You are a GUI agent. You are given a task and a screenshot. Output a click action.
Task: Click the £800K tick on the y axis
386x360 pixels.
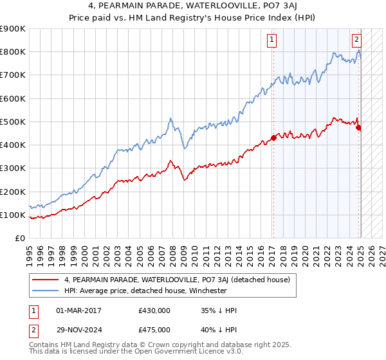click(x=13, y=52)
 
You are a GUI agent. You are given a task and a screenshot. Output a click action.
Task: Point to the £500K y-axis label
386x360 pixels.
click(x=13, y=122)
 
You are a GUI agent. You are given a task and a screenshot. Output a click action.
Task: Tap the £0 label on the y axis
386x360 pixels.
click(x=21, y=239)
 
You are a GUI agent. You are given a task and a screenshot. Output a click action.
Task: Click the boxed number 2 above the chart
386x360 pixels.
click(x=356, y=39)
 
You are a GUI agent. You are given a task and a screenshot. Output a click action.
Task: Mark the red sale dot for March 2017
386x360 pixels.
click(x=273, y=138)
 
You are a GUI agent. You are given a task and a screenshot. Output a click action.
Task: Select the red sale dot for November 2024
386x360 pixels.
click(x=358, y=127)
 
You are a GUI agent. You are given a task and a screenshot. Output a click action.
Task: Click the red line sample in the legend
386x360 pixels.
click(x=46, y=280)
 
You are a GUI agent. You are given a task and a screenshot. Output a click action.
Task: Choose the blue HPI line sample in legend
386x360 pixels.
click(x=46, y=291)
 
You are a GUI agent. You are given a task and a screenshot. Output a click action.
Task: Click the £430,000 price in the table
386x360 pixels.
click(x=154, y=310)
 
